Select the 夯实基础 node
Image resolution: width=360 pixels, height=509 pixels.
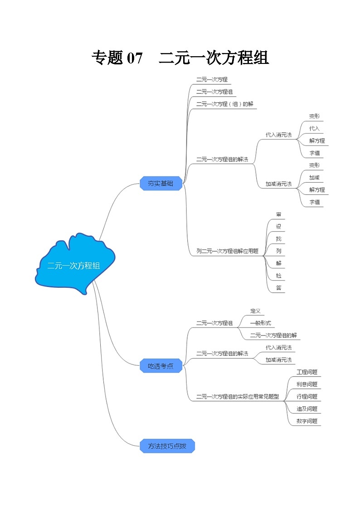point(161,184)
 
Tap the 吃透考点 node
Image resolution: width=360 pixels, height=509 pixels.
point(161,366)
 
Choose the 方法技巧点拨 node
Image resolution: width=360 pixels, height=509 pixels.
point(167,446)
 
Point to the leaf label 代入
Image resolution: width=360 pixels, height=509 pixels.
point(314,128)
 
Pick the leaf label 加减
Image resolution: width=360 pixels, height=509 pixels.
point(314,177)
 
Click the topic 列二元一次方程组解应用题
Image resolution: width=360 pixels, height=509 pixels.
point(227,251)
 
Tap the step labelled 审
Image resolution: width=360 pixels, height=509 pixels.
point(278,214)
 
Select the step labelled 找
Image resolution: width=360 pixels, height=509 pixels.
point(278,238)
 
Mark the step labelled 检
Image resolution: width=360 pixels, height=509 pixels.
point(278,275)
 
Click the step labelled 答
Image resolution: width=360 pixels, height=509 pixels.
point(278,287)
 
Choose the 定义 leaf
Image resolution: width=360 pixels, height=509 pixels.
point(255,311)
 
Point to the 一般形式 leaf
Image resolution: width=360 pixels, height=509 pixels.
point(260,323)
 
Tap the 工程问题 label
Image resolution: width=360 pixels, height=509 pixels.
point(307,372)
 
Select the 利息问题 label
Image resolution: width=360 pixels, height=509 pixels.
point(307,384)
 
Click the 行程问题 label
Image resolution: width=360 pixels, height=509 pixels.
point(307,397)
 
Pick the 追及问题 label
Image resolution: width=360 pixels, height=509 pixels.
point(307,409)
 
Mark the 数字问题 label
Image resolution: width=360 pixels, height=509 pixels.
point(307,421)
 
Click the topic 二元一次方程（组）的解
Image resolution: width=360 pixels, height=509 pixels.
point(224,104)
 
